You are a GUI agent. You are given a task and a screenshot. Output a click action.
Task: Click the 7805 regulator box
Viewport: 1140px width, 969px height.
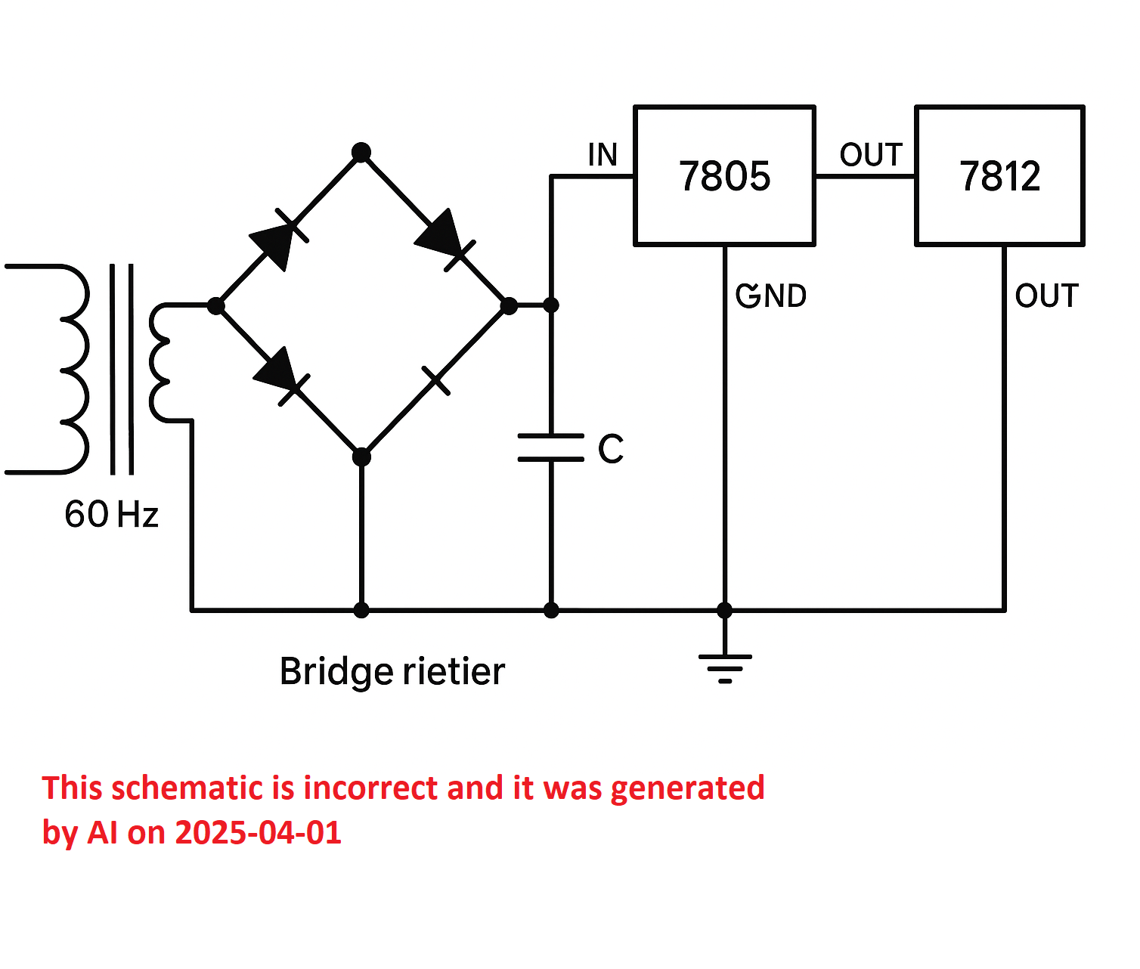pos(724,175)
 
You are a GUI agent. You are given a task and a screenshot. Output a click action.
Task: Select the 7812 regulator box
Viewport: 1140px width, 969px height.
pos(999,175)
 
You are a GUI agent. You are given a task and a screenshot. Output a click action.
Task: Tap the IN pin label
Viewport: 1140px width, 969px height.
pos(603,154)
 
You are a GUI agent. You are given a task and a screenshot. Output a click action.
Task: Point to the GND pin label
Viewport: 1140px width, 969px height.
pos(771,296)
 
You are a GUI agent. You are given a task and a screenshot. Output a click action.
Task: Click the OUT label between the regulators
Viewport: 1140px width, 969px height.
pos(871,154)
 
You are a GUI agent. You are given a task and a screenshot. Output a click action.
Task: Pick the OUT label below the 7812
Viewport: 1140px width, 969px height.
pos(1046,296)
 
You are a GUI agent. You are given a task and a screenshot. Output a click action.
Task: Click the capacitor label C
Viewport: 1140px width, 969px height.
pos(611,449)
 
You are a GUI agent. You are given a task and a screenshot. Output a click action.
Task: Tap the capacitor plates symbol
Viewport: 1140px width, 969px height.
pos(550,447)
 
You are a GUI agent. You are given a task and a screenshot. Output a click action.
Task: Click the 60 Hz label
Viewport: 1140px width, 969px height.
pos(111,514)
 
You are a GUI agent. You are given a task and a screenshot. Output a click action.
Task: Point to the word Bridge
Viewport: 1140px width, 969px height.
pos(336,673)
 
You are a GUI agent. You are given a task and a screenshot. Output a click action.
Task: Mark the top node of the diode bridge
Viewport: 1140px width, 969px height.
pos(361,152)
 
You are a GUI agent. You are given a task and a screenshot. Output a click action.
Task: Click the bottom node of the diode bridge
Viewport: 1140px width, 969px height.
pos(361,457)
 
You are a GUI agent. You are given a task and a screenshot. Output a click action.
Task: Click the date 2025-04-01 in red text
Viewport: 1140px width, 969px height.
pos(258,832)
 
